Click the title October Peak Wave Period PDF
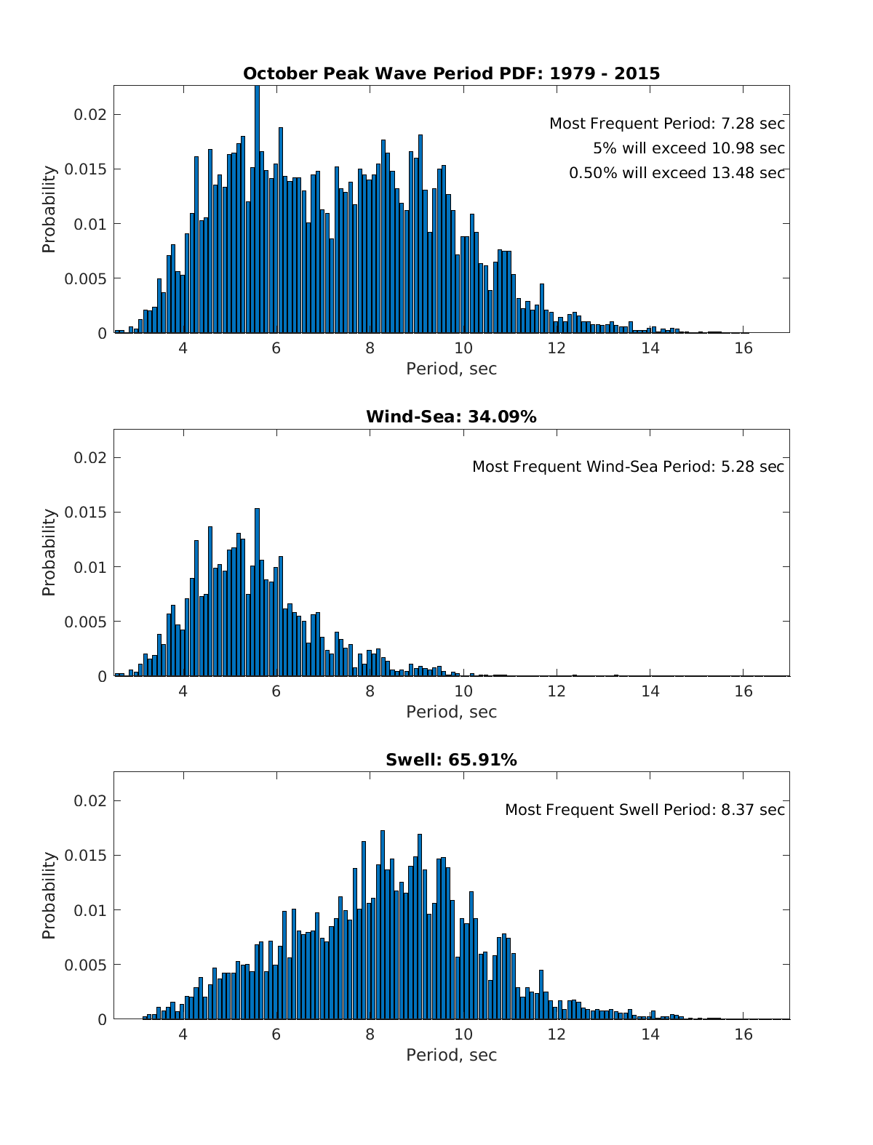tap(451, 73)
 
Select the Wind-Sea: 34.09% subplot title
tap(451, 417)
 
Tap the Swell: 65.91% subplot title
tap(451, 760)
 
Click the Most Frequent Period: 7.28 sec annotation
tap(666, 124)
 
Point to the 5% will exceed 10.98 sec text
tap(688, 148)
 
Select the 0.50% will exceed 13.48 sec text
tap(677, 173)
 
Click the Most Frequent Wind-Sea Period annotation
tap(628, 467)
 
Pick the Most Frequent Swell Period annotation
tap(645, 810)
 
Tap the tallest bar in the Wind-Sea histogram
tap(258, 592)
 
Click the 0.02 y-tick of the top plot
tap(91, 115)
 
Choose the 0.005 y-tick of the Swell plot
tap(86, 965)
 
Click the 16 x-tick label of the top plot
tap(744, 347)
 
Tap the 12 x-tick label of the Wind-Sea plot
tap(557, 691)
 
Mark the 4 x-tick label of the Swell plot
tap(183, 1034)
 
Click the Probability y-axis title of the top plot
tap(49, 209)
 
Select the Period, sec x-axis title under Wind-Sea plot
tap(451, 712)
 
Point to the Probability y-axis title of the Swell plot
tap(49, 896)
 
